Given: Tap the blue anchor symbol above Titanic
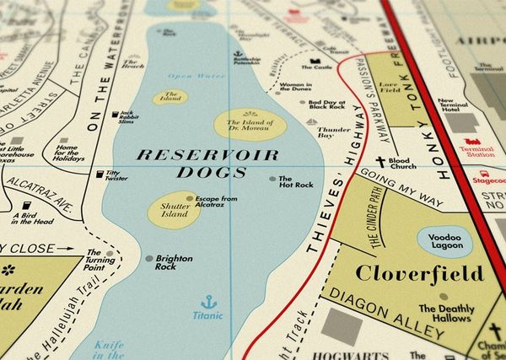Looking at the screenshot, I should tap(207, 301).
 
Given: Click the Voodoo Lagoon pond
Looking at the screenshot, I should tap(444, 242).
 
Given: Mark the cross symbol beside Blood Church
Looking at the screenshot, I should tap(379, 163).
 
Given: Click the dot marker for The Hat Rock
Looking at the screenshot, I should tap(272, 179).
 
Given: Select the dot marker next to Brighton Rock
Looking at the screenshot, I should tap(148, 259).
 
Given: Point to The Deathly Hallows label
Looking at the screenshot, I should tap(444, 314).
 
